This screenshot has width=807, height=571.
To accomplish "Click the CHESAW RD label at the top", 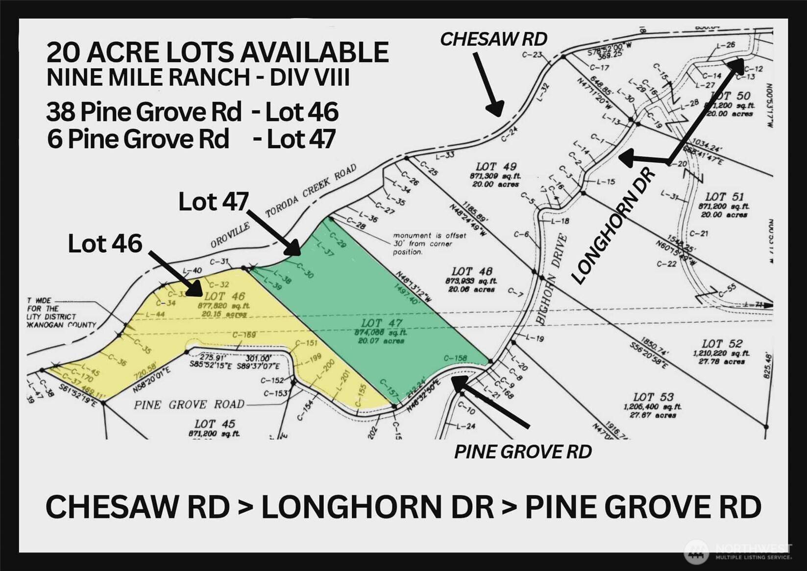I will coord(493,39).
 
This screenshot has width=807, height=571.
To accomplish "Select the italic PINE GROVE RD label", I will coord(523,452).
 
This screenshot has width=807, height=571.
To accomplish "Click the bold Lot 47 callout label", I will coord(213,202).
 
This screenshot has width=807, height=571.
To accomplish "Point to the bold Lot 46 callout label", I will coord(105,244).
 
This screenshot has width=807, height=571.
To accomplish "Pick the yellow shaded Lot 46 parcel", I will coord(220,319).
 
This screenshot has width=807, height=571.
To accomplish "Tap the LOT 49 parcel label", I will coord(496,167).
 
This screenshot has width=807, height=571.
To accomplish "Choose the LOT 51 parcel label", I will coord(724,197).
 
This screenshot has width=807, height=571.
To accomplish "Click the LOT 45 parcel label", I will coord(215,424).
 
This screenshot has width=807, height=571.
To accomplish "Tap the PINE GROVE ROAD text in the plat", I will coord(189,405).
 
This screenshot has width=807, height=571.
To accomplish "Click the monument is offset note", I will coord(429,244).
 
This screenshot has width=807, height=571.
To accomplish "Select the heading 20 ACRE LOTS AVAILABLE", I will coord(218,52).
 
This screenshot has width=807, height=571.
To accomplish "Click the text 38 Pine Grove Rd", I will coord(144,112).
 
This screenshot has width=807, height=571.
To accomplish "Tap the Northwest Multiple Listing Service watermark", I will coord(738,552).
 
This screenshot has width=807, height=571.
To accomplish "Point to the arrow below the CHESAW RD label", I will coord(488,86).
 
